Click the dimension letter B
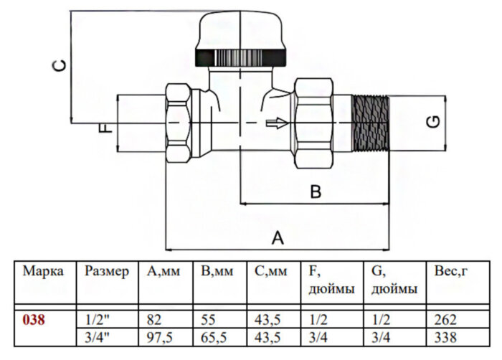315,191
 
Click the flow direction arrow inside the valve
275,123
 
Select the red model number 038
34,321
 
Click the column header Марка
43,272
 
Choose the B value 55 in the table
209,321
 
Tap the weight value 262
445,321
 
